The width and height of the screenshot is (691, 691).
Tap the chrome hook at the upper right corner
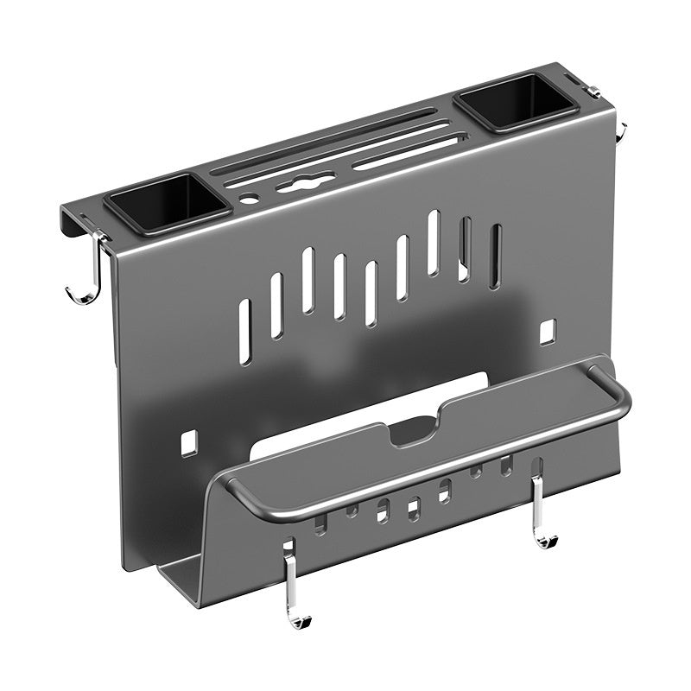(620, 131)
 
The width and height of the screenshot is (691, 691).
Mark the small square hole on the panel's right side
(546, 331)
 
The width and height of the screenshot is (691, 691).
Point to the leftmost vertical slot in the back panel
(244, 331)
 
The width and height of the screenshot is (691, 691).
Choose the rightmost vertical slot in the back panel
(495, 257)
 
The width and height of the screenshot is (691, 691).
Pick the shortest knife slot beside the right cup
(406, 157)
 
